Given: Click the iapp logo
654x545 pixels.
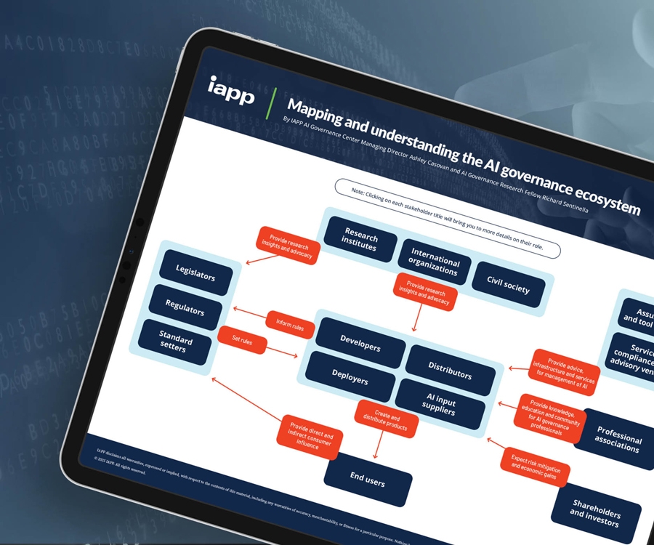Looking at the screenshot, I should pos(231,91).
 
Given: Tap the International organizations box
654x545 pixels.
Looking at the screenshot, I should pos(435,262).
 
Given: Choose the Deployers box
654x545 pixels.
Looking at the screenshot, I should pos(350,376).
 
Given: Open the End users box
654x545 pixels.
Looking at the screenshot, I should pos(368,480).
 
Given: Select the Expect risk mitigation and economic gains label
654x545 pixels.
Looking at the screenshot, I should pos(533,465).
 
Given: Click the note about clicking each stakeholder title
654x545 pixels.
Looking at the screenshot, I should pos(447,217).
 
